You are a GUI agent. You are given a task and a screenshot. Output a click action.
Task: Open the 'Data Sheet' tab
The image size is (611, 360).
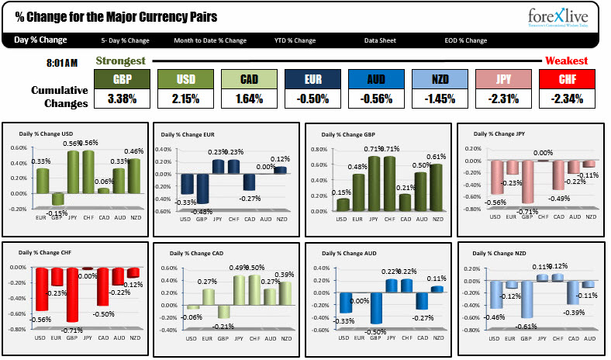[382, 40]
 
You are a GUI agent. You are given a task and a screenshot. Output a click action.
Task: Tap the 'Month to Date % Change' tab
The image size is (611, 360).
[210, 40]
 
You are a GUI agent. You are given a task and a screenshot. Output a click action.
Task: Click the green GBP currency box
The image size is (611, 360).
[122, 79]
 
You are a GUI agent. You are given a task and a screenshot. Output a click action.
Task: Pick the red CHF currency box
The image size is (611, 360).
[566, 79]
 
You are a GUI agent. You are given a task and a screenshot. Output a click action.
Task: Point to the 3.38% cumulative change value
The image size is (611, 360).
[122, 99]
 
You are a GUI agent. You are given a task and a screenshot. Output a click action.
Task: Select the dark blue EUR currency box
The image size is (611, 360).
[312, 79]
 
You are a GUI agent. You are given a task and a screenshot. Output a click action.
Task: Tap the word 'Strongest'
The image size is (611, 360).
[120, 61]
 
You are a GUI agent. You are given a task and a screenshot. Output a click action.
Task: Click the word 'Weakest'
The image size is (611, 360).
[566, 61]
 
